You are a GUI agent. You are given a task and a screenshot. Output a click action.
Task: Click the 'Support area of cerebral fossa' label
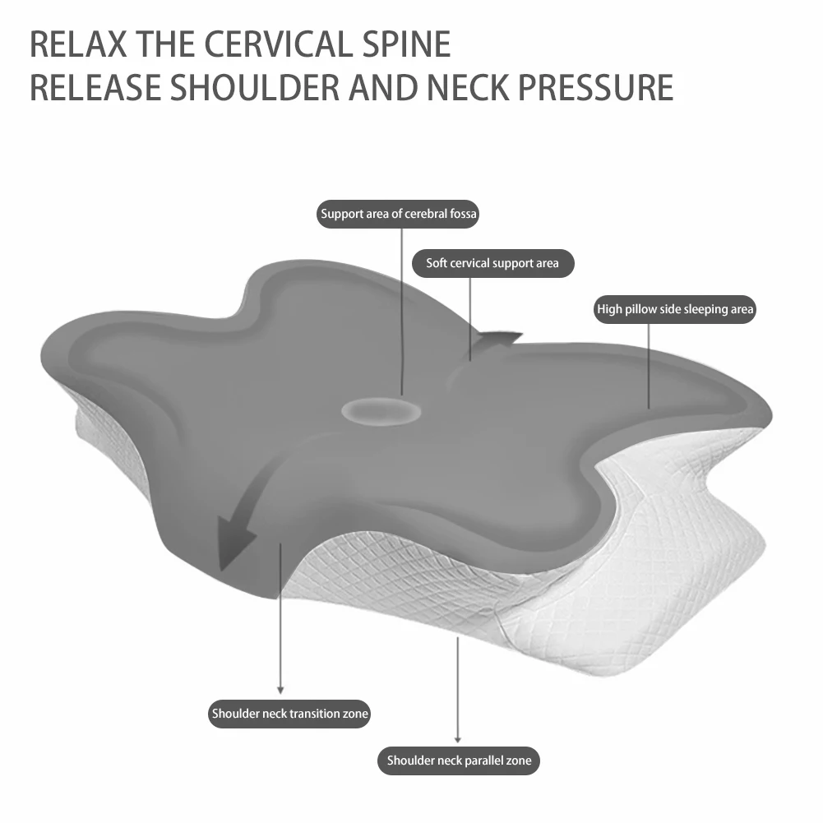point(399,215)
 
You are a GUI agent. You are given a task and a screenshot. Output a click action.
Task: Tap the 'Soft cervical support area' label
point(492,264)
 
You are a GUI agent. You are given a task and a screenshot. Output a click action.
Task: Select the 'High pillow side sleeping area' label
point(674,310)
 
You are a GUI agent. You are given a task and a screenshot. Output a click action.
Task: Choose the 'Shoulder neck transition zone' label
point(289,714)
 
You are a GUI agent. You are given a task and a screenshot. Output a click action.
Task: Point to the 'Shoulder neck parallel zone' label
point(459,761)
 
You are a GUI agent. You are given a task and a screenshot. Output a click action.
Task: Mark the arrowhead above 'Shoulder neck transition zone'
point(280,689)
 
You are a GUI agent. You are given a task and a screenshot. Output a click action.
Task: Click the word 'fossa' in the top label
point(462,215)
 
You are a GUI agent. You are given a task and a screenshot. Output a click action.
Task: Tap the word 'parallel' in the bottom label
point(489,761)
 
